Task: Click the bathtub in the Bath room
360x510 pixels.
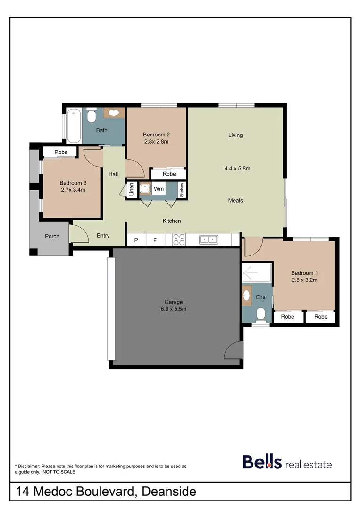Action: click(x=73, y=126)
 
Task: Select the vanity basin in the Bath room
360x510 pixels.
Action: click(x=114, y=112)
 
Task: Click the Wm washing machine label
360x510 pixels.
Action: click(x=159, y=189)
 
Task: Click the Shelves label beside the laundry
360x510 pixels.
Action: click(x=181, y=190)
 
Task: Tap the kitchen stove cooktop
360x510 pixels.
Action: click(x=179, y=240)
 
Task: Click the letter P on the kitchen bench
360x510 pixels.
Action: click(x=136, y=240)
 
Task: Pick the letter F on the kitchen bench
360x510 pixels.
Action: click(x=155, y=240)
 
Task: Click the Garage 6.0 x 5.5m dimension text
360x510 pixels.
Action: click(x=174, y=309)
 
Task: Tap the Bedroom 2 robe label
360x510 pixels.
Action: click(x=169, y=174)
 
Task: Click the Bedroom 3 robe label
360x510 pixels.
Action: click(x=61, y=152)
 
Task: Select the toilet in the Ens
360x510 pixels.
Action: click(x=260, y=314)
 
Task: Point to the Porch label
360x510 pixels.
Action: click(x=52, y=236)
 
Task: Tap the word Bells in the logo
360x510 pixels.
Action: click(x=262, y=462)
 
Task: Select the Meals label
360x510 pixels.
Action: click(x=235, y=200)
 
